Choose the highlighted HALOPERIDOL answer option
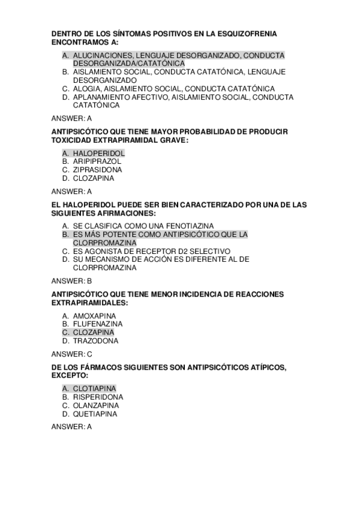tap(99, 153)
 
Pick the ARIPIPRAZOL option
tap(97, 161)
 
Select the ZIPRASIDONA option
tap(97, 170)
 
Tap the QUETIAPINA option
tap(95, 414)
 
